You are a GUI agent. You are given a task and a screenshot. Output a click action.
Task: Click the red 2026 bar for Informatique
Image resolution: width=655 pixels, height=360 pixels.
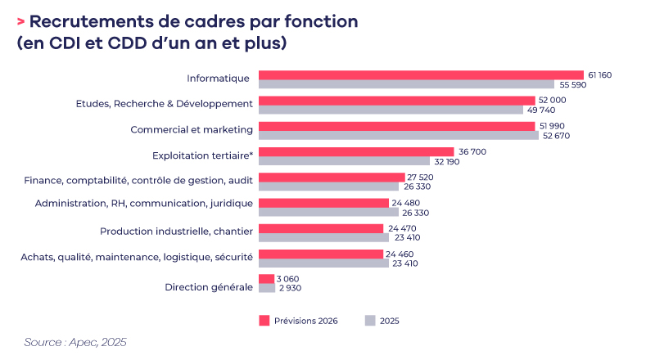click(421, 74)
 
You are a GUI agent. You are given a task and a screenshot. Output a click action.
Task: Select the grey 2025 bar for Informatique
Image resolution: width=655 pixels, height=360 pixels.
click(406, 84)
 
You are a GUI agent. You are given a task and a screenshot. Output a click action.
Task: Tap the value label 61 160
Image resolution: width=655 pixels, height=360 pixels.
click(599, 74)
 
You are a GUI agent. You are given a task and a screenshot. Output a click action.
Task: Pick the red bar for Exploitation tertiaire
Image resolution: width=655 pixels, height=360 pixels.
click(356, 151)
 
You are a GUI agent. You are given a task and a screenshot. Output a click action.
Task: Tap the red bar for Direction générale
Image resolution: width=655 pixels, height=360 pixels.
click(267, 278)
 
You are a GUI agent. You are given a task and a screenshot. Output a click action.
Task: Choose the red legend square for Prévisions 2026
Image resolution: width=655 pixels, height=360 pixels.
click(264, 320)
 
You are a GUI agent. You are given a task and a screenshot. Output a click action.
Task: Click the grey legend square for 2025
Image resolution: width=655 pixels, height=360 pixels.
click(370, 320)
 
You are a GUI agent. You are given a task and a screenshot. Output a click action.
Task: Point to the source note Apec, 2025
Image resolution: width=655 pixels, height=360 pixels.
click(75, 341)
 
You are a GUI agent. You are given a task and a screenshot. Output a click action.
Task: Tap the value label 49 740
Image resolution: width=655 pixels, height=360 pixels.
click(540, 110)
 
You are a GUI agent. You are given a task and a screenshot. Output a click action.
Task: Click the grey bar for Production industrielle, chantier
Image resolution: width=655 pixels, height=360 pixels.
click(323, 237)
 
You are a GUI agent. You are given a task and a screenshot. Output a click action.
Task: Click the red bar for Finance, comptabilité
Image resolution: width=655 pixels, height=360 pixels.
click(332, 177)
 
